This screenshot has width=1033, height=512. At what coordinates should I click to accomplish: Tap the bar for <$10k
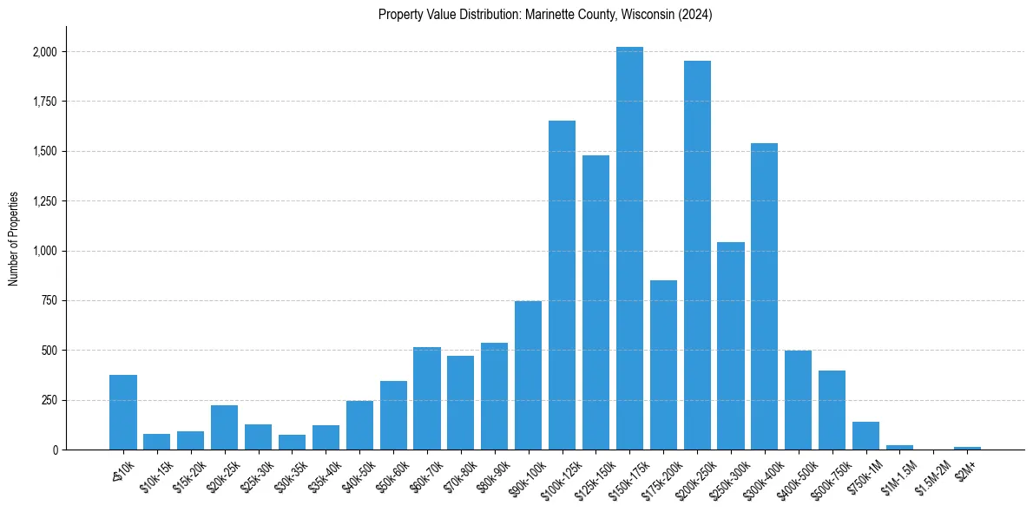point(123,412)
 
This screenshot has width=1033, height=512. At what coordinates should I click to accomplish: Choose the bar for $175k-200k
point(663,364)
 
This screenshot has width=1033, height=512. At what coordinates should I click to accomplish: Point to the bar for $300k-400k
point(764,296)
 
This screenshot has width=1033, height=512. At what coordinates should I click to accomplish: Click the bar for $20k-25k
point(224,427)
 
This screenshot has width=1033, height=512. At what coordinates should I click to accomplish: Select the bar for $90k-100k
point(528,375)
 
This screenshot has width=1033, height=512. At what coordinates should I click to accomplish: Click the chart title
point(545,15)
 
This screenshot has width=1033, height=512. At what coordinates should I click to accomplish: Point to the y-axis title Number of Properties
point(14,238)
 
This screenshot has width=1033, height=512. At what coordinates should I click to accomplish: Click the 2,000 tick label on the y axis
point(45,52)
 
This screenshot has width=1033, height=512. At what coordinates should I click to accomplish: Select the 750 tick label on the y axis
point(50,301)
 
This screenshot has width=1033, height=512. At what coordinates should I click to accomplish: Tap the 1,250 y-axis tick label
point(45,201)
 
